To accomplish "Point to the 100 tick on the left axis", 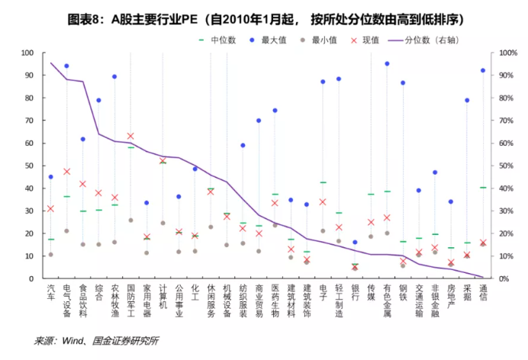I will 28,53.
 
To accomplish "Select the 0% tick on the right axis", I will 506,278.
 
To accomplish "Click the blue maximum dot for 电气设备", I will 66,66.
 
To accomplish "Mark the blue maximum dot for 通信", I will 482,70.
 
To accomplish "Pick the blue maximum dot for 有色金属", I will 387,64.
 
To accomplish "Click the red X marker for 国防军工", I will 130,136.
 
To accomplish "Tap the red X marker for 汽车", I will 50,208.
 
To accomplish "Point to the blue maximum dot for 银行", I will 355,243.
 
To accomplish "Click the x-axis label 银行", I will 355,293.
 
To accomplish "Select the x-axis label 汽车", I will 50,293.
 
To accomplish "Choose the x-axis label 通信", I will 482,293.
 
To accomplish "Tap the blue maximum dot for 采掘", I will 466,100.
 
